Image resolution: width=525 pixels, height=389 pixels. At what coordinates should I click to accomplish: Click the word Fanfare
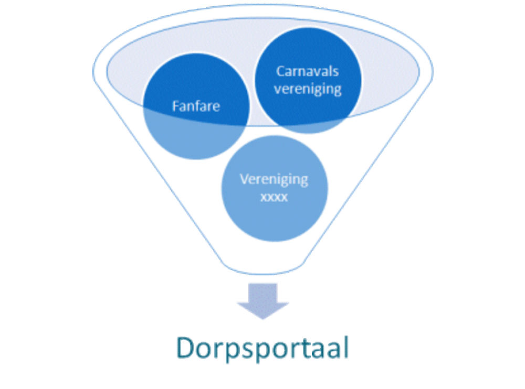tap(196, 106)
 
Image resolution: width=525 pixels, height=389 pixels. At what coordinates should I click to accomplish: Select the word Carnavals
tap(308, 71)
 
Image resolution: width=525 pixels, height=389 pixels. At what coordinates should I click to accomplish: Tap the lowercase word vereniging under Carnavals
tap(308, 89)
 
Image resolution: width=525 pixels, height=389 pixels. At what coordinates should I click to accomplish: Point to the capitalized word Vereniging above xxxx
tap(274, 179)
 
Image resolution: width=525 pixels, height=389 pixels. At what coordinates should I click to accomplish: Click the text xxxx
tap(274, 197)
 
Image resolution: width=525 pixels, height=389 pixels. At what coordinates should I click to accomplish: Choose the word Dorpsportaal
tap(262, 348)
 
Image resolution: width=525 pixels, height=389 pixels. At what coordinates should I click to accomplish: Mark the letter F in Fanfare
tap(175, 106)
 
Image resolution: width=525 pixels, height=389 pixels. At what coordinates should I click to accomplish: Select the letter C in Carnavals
tap(280, 71)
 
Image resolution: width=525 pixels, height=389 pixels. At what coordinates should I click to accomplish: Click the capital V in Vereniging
tap(244, 179)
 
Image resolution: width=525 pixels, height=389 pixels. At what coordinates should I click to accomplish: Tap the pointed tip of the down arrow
tap(262, 318)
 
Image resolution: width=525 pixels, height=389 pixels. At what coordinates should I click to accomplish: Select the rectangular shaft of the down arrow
tap(262, 291)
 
